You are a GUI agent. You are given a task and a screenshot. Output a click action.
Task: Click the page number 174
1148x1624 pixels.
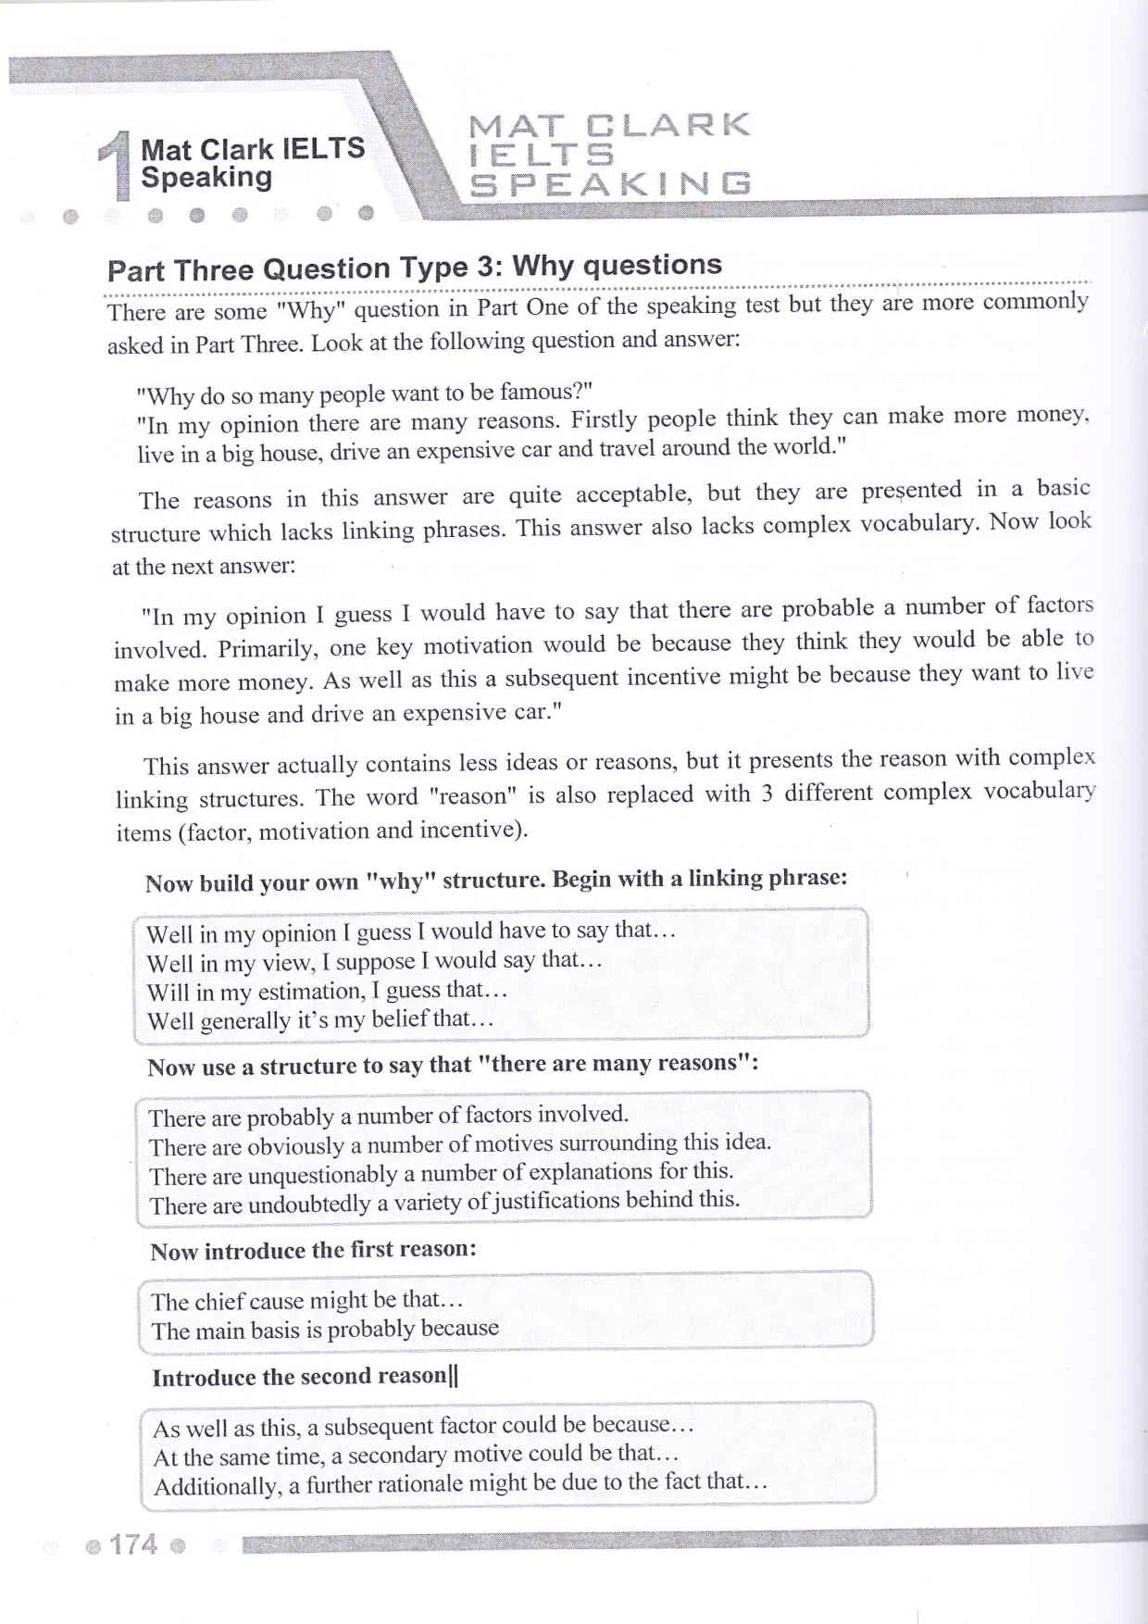[x=133, y=1544]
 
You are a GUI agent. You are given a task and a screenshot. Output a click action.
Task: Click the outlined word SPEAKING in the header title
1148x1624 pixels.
[x=611, y=184]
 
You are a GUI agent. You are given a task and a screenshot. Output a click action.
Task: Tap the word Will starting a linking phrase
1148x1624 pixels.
[x=168, y=993]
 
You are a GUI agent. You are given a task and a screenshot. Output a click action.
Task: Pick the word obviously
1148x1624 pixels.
[x=296, y=1146]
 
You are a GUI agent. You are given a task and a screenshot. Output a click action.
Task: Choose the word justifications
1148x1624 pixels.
[x=555, y=1201]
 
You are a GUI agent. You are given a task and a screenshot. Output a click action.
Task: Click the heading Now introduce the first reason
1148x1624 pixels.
[x=313, y=1250]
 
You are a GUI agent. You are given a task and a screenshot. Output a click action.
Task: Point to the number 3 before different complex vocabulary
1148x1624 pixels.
[x=767, y=793]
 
